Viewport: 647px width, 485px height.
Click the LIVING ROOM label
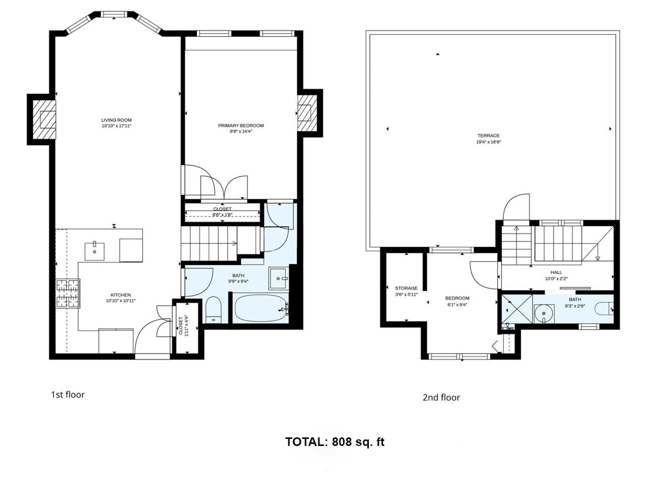(x=116, y=120)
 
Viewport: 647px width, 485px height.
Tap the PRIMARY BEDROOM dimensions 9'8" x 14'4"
(x=241, y=131)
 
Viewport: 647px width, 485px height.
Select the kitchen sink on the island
(x=94, y=251)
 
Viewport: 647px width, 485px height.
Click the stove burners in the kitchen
(x=68, y=293)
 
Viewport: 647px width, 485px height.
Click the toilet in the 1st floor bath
(x=213, y=310)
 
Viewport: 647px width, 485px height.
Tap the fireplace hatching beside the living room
(x=44, y=120)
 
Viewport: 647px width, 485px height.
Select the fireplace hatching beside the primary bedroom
(x=307, y=113)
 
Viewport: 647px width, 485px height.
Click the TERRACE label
(x=488, y=136)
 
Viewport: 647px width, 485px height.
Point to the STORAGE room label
(x=406, y=288)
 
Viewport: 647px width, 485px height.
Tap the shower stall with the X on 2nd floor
(x=517, y=309)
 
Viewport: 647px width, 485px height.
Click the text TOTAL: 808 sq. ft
(x=335, y=442)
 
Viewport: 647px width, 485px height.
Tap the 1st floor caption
(x=68, y=395)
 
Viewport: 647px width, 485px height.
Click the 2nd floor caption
(x=441, y=397)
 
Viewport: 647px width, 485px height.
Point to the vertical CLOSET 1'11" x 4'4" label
(x=183, y=326)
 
